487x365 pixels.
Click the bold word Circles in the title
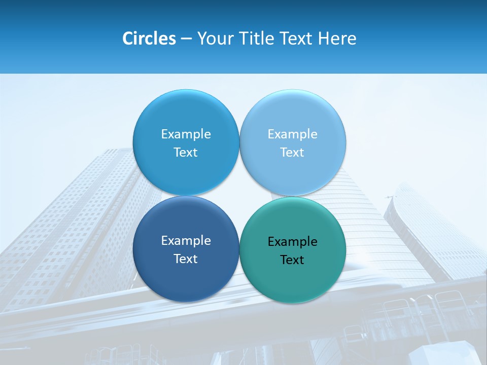coord(149,39)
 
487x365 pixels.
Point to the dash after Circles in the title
coord(186,39)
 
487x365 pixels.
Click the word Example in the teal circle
coord(293,242)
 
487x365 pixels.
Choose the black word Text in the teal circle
coord(292,260)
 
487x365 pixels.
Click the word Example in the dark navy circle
coord(186,241)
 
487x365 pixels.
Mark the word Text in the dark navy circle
coord(186,259)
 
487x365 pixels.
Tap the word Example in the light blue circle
coord(293,134)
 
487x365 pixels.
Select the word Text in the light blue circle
coord(292,153)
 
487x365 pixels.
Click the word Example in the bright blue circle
coord(186,134)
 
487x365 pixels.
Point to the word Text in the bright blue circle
coord(186,153)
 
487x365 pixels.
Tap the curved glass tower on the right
coord(431,228)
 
